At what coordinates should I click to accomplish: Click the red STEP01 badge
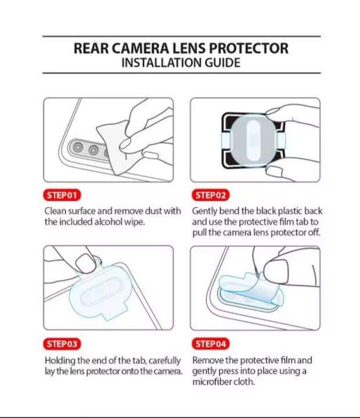click(x=62, y=195)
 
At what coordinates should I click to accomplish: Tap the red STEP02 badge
click(x=210, y=195)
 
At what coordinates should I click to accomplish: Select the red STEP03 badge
click(x=62, y=344)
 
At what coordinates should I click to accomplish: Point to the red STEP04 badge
click(x=210, y=344)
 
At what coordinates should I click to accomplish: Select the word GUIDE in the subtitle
click(x=222, y=63)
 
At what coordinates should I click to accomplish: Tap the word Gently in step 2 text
click(x=206, y=211)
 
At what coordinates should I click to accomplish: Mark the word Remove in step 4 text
click(x=208, y=361)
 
